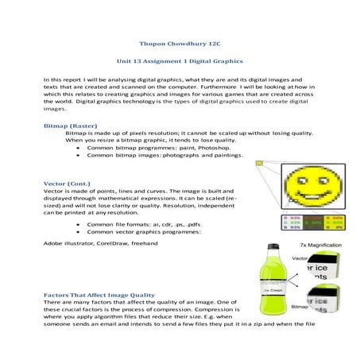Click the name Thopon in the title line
click(x=151, y=45)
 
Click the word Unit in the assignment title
click(x=126, y=61)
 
